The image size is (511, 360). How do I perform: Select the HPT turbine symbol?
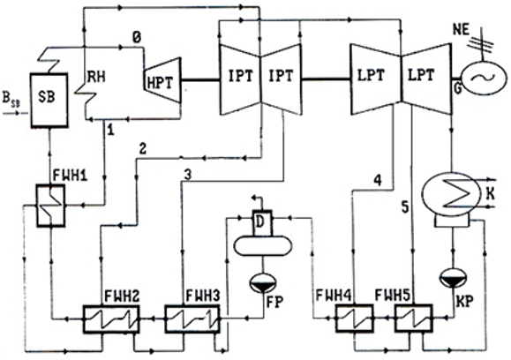(162, 80)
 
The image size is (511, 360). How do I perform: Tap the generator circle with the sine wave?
(484, 79)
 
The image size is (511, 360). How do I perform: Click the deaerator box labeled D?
(262, 222)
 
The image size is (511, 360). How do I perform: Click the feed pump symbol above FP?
(263, 282)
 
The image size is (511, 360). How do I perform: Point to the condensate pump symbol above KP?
(453, 278)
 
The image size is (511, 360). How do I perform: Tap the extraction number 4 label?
(378, 180)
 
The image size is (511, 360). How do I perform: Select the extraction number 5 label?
(405, 207)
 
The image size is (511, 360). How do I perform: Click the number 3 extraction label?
(187, 176)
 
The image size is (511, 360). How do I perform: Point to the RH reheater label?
(96, 78)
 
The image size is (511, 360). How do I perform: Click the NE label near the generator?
(462, 30)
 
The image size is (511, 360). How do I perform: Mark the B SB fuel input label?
(11, 100)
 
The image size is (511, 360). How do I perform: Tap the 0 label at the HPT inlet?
(137, 37)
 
